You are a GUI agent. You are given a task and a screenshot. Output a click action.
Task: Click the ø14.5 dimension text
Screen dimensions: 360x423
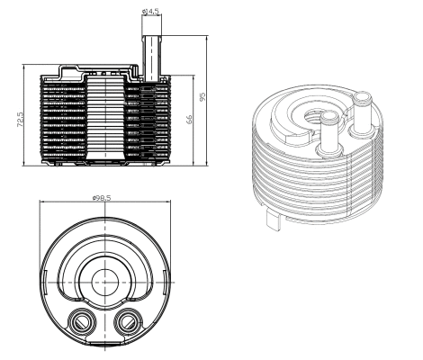click(x=151, y=11)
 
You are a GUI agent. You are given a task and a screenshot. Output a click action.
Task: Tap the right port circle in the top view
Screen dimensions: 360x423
click(x=128, y=321)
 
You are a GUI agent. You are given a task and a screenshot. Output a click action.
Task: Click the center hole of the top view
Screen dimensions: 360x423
click(x=106, y=281)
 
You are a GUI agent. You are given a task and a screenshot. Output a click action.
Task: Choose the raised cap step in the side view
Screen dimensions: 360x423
click(x=67, y=68)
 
